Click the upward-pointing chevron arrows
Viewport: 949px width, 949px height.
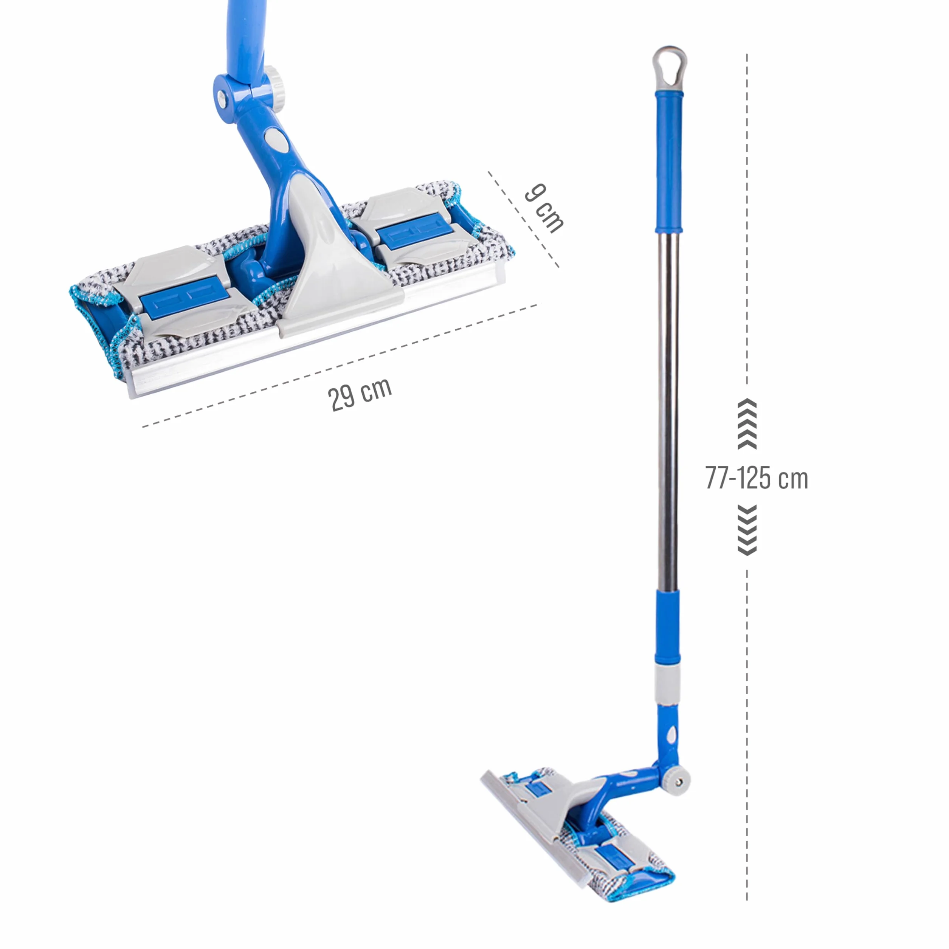tap(747, 424)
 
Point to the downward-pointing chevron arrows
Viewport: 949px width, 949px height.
tap(747, 530)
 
